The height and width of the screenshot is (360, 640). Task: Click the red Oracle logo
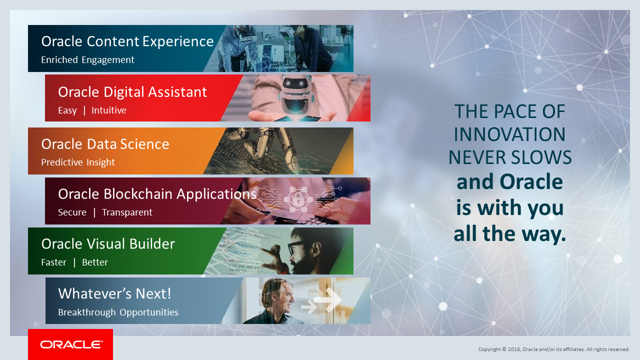point(70,344)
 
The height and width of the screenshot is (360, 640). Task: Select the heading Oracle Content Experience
point(127,41)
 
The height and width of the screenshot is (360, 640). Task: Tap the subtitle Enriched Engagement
point(87,59)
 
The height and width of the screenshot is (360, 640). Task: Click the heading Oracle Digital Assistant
point(132,92)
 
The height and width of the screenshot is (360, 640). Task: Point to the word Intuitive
point(109,110)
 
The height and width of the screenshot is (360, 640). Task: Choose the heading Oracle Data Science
point(105,144)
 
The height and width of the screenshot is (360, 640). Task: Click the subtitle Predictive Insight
point(78,162)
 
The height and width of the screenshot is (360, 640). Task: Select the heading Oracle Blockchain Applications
point(157,194)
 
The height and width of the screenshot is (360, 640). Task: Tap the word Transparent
point(127,212)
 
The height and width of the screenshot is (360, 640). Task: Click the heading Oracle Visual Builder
point(108,244)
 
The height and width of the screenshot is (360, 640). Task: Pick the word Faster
point(53,262)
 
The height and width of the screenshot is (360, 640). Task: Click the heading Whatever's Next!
point(114,293)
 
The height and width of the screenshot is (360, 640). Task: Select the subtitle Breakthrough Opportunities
point(118,312)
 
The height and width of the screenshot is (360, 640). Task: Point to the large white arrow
point(328,299)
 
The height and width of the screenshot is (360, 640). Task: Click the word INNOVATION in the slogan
point(509,134)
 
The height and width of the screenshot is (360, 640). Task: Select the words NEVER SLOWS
point(510,157)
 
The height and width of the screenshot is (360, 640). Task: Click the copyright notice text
point(554,349)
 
